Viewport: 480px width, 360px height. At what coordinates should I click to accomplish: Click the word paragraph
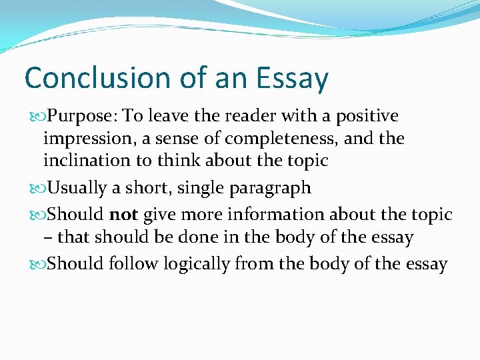[270, 189]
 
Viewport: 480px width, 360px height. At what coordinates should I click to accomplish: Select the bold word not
[123, 215]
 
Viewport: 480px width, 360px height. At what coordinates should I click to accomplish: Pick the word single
[203, 189]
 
